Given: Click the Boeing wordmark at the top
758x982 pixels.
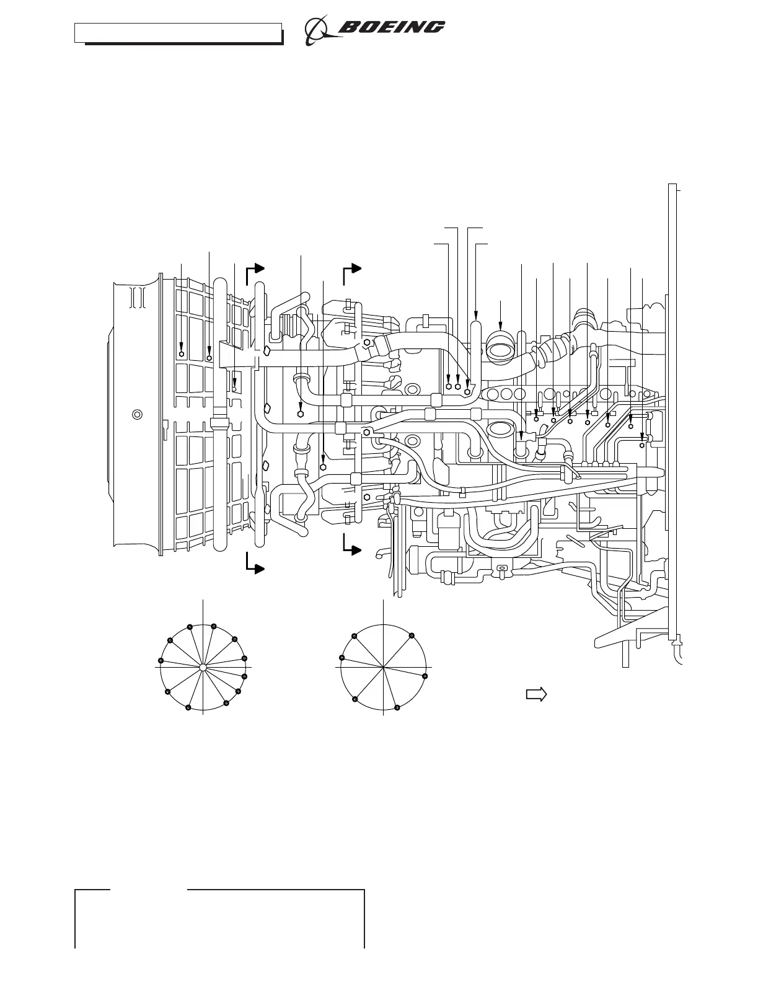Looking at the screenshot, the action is point(392,27).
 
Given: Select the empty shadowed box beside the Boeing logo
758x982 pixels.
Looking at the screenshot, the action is point(179,34).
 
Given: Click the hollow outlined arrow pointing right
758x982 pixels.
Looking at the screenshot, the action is point(536,694).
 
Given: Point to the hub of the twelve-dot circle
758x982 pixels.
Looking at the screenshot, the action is point(203,667).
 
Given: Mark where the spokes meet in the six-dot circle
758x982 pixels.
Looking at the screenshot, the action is point(383,667).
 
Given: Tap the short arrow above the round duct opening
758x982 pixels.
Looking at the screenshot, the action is point(500,315).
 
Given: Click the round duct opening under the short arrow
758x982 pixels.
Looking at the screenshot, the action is point(501,348).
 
